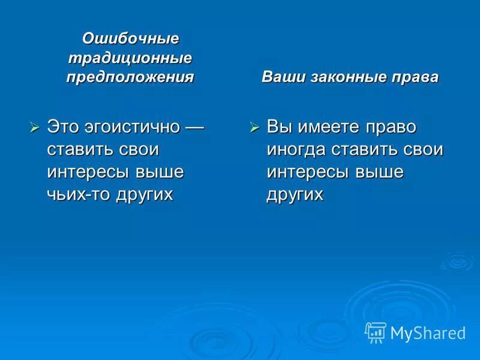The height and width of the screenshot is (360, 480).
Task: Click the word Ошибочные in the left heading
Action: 130,38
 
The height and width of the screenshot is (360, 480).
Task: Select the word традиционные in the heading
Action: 130,58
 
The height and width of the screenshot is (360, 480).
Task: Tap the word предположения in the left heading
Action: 130,77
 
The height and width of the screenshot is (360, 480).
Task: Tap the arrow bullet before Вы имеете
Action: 254,127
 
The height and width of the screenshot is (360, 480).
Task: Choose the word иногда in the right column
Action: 295,149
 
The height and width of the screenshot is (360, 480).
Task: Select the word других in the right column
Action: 295,194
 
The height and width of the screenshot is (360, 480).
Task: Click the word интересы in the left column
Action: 87,172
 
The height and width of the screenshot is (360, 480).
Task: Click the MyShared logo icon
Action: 376,331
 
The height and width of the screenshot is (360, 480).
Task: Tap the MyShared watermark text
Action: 427,332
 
